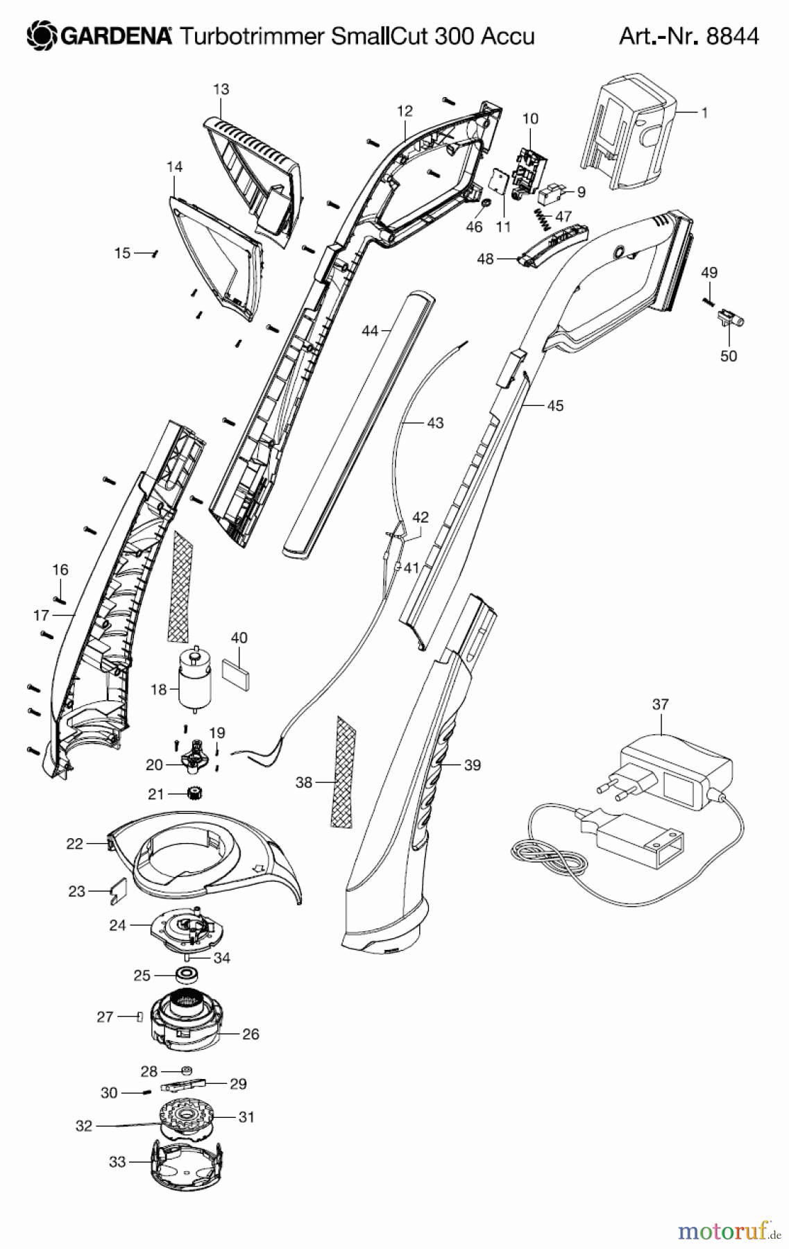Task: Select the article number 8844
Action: pos(732,35)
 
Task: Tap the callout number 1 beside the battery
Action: pos(704,112)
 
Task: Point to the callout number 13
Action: pos(221,90)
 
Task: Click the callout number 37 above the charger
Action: pos(661,704)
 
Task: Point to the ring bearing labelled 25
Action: pos(186,975)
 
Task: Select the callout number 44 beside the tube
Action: pos(370,331)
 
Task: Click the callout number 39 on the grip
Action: pos(472,765)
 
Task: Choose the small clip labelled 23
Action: pos(117,891)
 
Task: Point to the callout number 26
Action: pos(251,1034)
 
